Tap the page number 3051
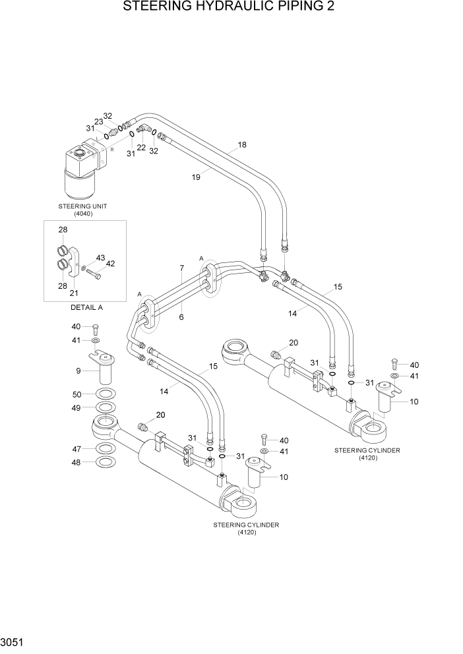click(14, 641)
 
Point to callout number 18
click(241, 144)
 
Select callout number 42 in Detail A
click(110, 264)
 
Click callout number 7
click(181, 268)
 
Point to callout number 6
click(181, 317)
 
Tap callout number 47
click(78, 448)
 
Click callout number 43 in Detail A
click(100, 258)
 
